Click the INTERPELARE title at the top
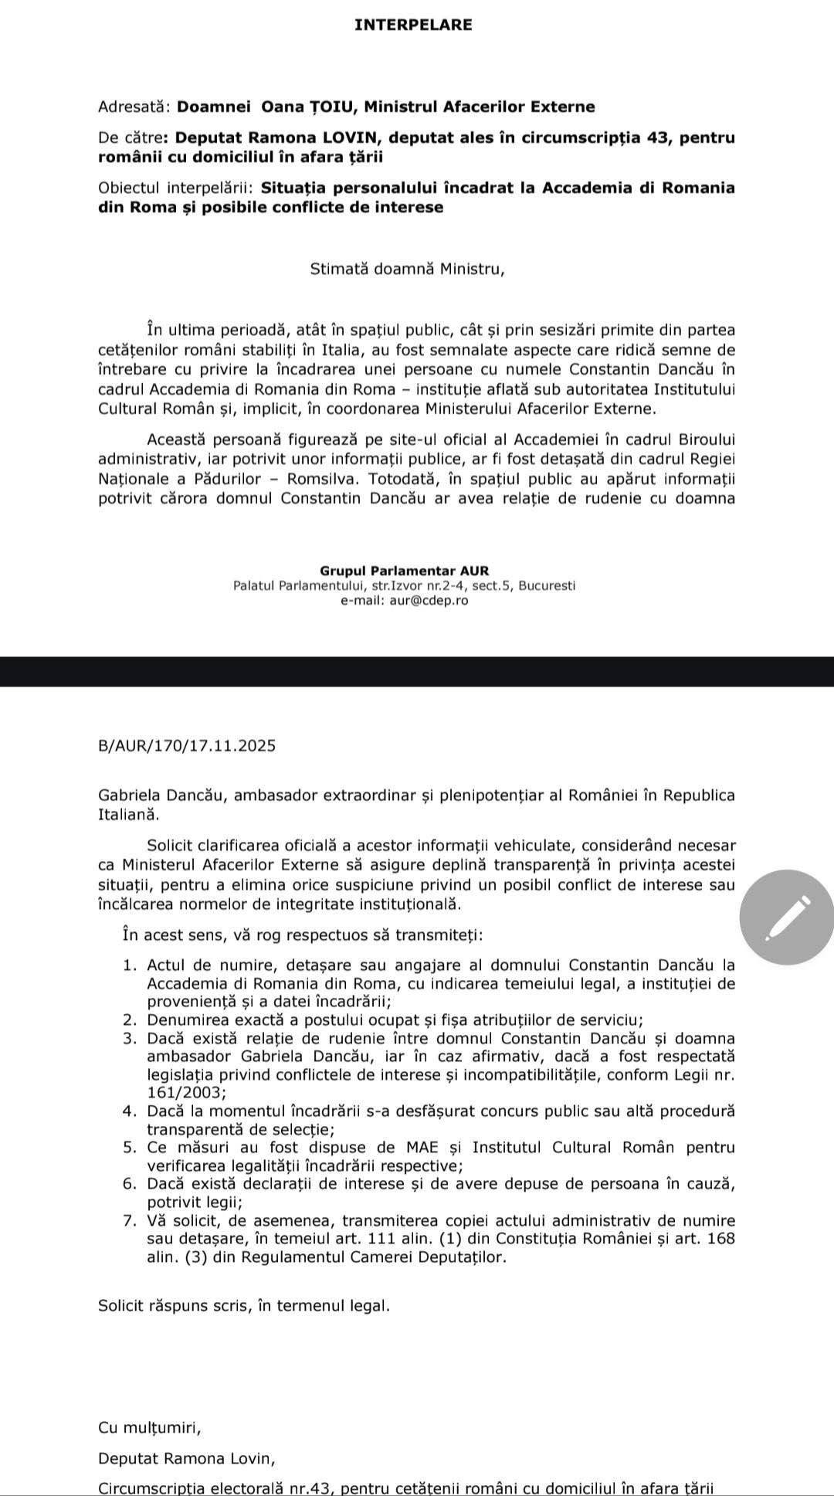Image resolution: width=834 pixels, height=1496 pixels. [x=413, y=25]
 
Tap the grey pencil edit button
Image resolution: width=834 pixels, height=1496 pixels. [x=786, y=918]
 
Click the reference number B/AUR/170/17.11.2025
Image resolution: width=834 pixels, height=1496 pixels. [x=187, y=746]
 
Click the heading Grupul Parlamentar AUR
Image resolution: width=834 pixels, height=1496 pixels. [x=404, y=571]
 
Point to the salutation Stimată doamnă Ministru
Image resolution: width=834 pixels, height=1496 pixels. [x=407, y=270]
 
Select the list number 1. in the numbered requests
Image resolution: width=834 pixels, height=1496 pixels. [x=130, y=965]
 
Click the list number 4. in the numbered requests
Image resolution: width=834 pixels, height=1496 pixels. [x=130, y=1111]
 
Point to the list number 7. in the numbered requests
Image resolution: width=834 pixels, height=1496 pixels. [x=130, y=1221]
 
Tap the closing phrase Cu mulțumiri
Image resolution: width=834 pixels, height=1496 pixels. [x=150, y=1427]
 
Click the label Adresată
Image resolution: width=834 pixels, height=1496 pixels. [x=135, y=107]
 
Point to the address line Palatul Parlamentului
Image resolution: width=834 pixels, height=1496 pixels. [x=404, y=585]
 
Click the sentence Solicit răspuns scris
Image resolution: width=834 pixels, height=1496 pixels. [x=244, y=1306]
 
